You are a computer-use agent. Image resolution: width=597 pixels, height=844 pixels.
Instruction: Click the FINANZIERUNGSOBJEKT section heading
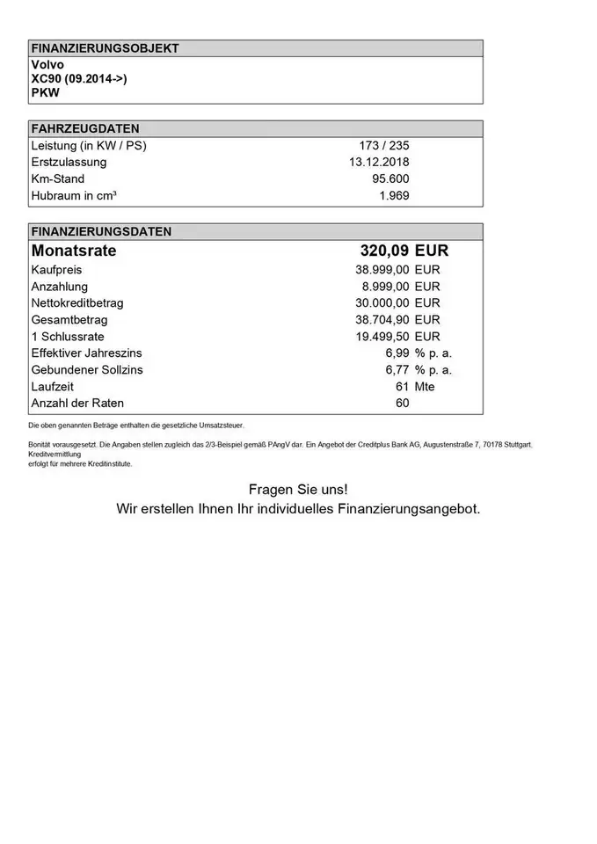pyautogui.click(x=105, y=48)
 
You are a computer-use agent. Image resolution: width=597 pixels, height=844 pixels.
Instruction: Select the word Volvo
pyautogui.click(x=47, y=65)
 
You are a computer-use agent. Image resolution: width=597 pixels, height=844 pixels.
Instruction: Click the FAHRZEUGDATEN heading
pyautogui.click(x=84, y=128)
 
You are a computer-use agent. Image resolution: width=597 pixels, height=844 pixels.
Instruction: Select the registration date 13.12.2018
pyautogui.click(x=379, y=162)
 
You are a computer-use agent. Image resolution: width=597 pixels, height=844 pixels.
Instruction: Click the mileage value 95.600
pyautogui.click(x=391, y=178)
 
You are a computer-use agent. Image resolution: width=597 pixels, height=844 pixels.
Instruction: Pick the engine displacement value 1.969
pyautogui.click(x=394, y=195)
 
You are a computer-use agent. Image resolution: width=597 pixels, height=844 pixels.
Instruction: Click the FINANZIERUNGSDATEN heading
pyautogui.click(x=101, y=232)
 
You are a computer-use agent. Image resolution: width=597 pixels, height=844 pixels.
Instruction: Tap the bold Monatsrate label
pyautogui.click(x=74, y=251)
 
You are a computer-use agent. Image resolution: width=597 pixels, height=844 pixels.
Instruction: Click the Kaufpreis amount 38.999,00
pyautogui.click(x=382, y=270)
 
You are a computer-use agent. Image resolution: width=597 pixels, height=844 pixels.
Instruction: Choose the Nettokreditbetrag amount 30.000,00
pyautogui.click(x=382, y=303)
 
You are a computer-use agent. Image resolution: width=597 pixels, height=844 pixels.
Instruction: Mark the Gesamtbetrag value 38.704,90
pyautogui.click(x=382, y=320)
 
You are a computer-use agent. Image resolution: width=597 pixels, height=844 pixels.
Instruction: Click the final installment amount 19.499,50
pyautogui.click(x=382, y=337)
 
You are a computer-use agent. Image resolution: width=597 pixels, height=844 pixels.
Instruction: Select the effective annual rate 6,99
pyautogui.click(x=397, y=353)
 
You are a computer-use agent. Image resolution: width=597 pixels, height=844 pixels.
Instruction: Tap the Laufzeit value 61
pyautogui.click(x=403, y=387)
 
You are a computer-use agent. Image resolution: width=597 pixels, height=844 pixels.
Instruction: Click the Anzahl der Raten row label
pyautogui.click(x=77, y=404)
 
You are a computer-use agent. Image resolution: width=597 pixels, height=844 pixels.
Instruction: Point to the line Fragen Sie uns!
pyautogui.click(x=298, y=489)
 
